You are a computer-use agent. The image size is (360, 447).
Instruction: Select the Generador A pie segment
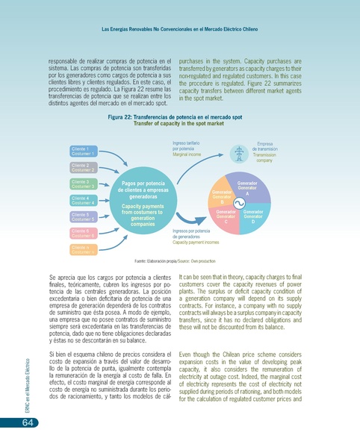pos(247,188)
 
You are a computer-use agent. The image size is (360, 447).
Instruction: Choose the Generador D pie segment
pos(253,217)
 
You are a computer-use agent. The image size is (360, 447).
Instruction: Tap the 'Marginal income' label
pos(187,154)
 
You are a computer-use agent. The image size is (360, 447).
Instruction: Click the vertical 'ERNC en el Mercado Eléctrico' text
pos(28,381)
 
